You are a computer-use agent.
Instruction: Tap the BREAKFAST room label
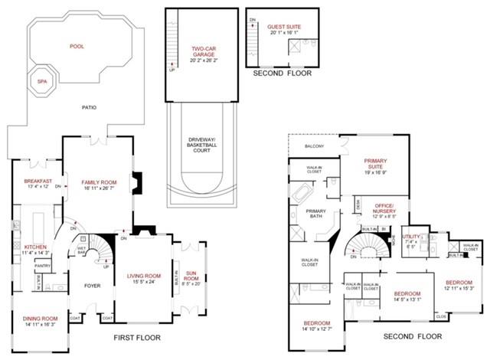tap(38, 182)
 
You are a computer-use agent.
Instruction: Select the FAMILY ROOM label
tap(98, 182)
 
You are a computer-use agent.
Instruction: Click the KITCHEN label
tap(35, 247)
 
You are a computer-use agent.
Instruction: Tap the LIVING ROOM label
tap(143, 276)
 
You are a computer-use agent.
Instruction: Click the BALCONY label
tap(314, 146)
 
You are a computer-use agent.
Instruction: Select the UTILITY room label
tap(411, 237)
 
